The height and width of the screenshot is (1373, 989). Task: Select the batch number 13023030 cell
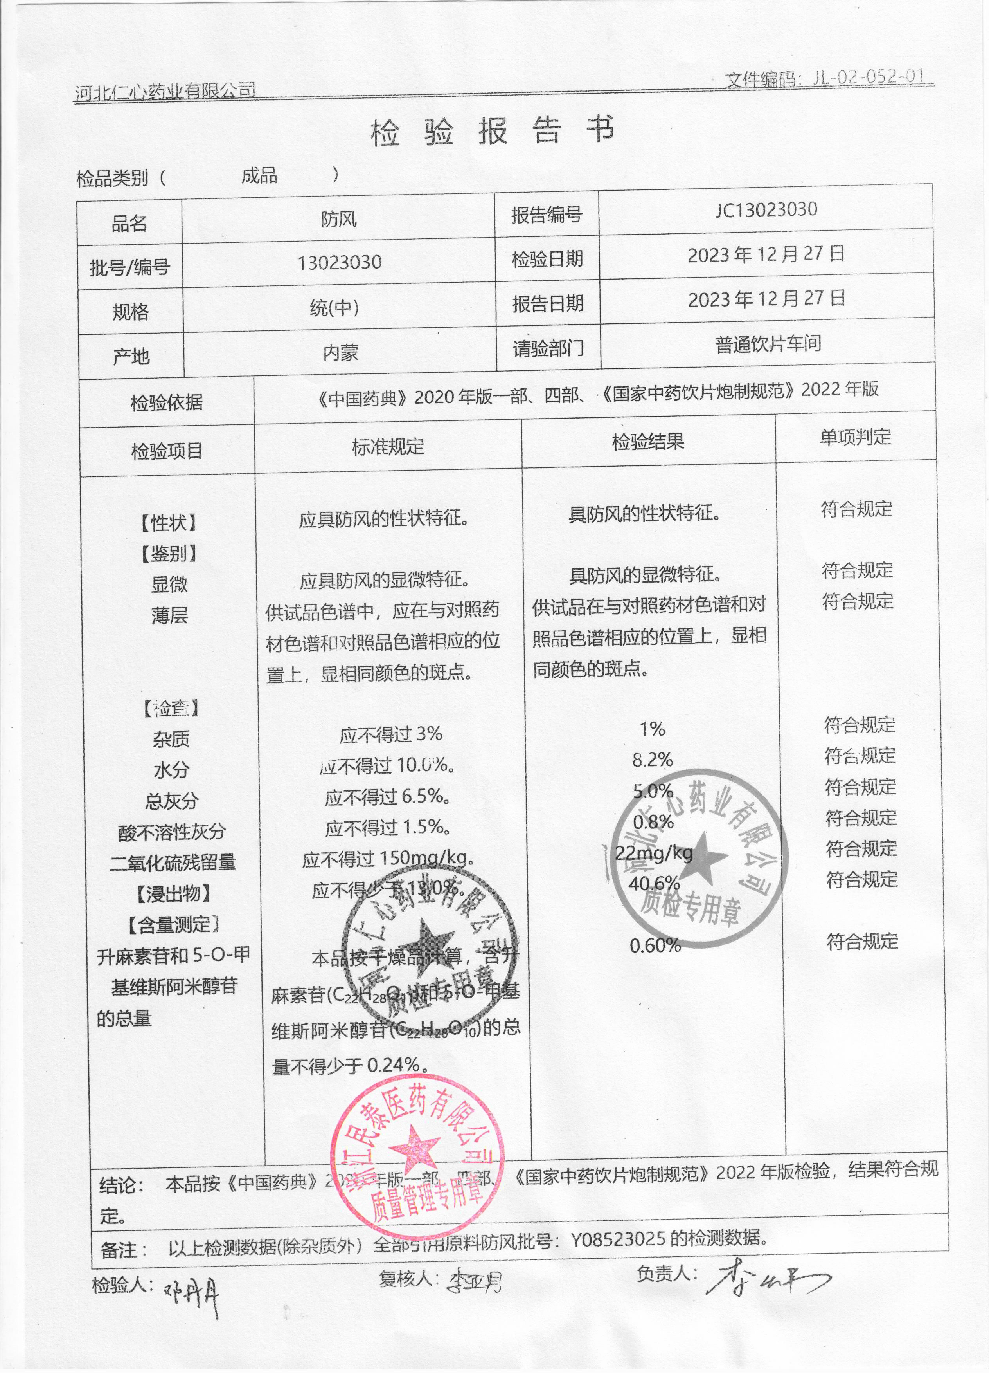pyautogui.click(x=339, y=263)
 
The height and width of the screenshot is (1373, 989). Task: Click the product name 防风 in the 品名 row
pyautogui.click(x=339, y=219)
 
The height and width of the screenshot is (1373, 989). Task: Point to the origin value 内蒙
pyautogui.click(x=340, y=352)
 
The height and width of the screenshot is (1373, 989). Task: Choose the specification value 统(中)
pyautogui.click(x=334, y=308)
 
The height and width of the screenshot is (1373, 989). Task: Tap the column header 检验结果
pyautogui.click(x=648, y=442)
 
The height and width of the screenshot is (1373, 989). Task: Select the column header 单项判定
pyautogui.click(x=855, y=437)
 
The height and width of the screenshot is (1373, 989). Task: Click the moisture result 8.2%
pyautogui.click(x=653, y=760)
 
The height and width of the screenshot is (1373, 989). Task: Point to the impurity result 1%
pyautogui.click(x=652, y=729)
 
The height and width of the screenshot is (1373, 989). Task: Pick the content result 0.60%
pyautogui.click(x=655, y=945)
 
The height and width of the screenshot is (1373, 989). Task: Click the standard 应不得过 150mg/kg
pyautogui.click(x=388, y=859)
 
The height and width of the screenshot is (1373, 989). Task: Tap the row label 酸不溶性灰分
pyautogui.click(x=172, y=832)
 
